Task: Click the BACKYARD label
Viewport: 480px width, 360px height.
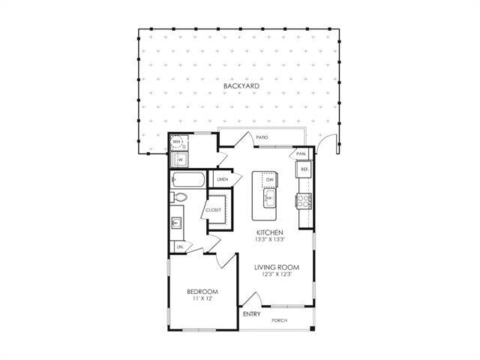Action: point(241,87)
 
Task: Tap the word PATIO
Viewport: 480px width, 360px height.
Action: point(262,137)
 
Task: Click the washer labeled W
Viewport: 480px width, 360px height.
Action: point(180,159)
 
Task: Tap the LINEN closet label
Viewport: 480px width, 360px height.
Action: point(223,180)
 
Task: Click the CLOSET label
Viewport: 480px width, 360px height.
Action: point(214,210)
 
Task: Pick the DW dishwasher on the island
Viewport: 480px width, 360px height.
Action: point(268,180)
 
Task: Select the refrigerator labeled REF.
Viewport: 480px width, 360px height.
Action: point(304,170)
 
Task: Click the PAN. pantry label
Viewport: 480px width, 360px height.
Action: point(301,153)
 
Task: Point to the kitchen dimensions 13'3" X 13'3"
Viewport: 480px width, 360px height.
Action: point(269,241)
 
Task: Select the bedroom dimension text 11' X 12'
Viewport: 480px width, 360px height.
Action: point(203,299)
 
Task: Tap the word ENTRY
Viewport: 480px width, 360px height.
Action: point(252,313)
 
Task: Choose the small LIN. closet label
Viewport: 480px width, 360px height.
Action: point(181,247)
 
